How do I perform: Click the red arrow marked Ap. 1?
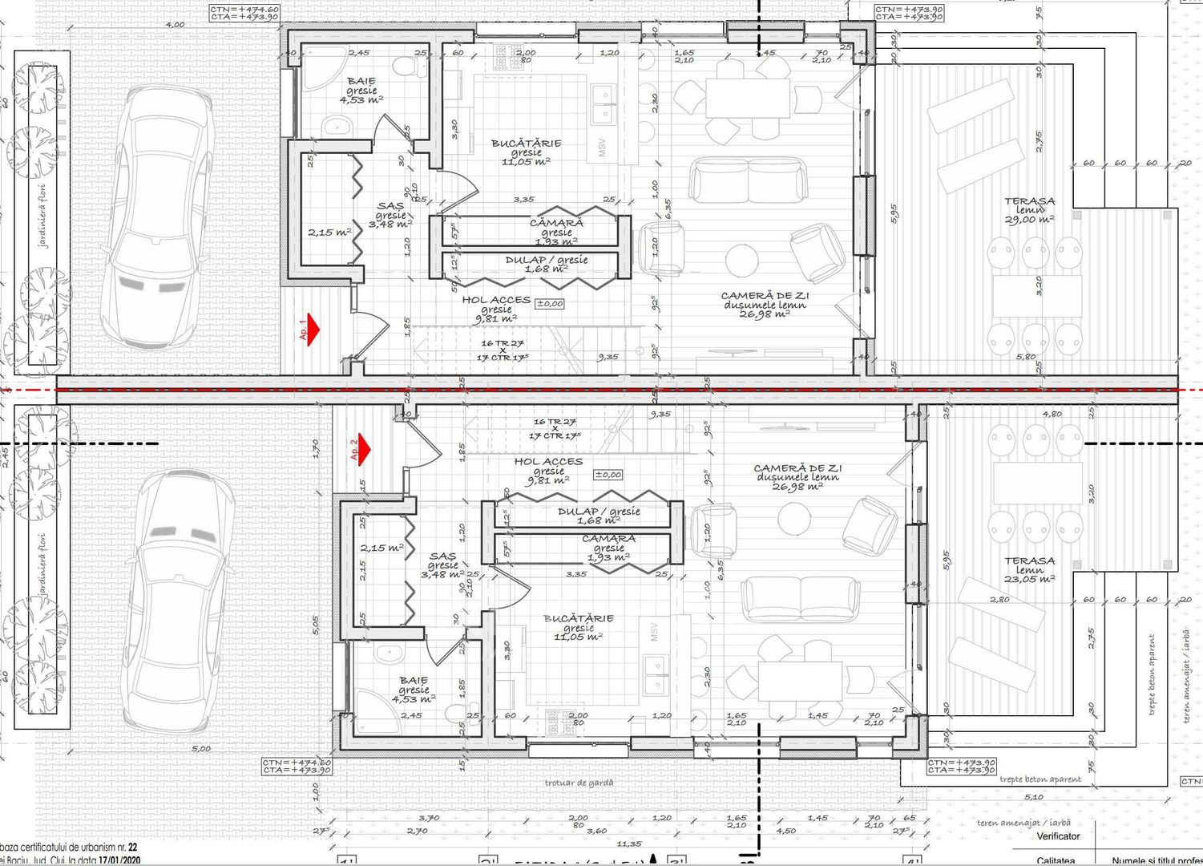[312, 328]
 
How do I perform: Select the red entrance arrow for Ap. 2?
[363, 449]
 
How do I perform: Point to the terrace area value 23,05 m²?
[1030, 578]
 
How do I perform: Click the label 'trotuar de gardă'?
[579, 783]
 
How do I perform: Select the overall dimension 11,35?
[629, 844]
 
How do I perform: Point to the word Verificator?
[1058, 836]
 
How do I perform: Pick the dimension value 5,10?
[1034, 796]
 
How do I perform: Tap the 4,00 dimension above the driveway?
[174, 25]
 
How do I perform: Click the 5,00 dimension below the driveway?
[201, 749]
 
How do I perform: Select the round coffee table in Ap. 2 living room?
[794, 518]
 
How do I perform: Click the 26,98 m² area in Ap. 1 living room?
[765, 314]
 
